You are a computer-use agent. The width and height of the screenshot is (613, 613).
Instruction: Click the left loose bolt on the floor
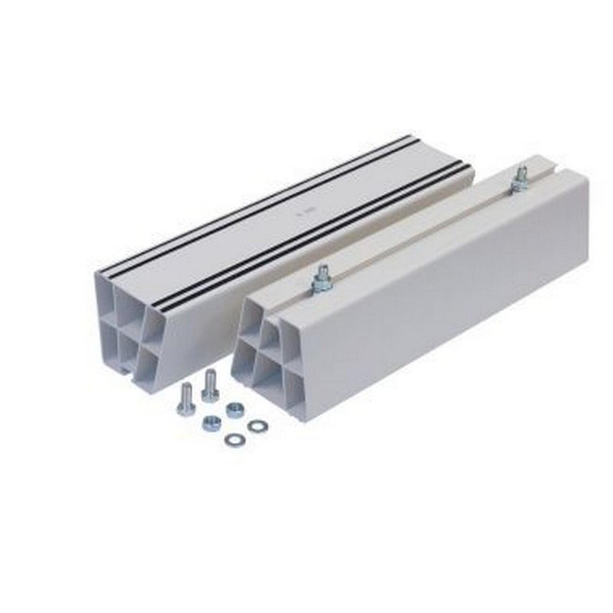pos(185,399)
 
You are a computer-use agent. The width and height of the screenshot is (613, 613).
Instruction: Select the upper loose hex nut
pos(235,410)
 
